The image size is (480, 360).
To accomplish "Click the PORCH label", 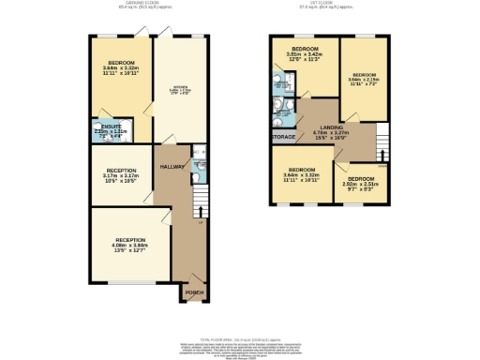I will [x=193, y=291].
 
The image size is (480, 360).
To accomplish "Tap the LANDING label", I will [x=330, y=127].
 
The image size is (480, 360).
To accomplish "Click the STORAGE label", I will [x=284, y=138].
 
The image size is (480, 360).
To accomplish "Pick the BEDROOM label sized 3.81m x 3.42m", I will [x=305, y=48].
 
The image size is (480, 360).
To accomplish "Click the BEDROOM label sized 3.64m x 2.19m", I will [x=365, y=74].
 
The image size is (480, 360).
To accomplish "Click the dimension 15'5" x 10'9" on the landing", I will [x=330, y=139].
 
